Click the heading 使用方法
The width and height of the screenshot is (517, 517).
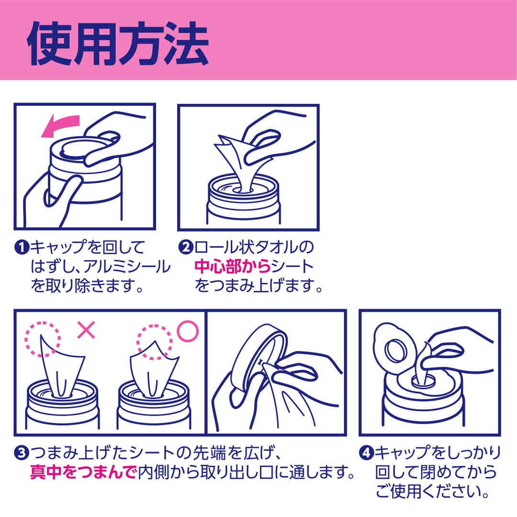tap(118, 44)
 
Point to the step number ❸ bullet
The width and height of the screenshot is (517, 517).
tap(22, 453)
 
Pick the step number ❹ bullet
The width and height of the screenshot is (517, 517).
tap(366, 453)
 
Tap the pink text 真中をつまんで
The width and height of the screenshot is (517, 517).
tap(83, 472)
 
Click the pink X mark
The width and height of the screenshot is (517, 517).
tap(86, 330)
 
